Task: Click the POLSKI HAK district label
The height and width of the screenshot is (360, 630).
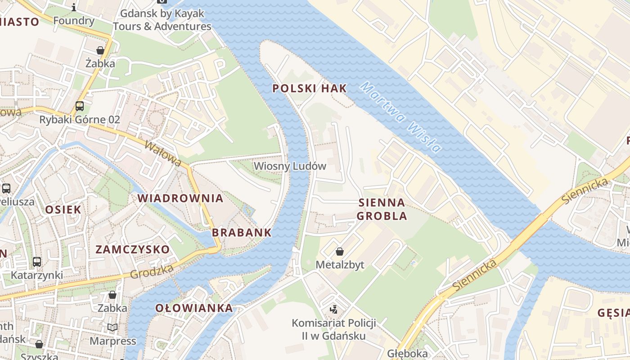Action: point(310,89)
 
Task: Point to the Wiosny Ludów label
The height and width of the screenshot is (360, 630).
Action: point(290,166)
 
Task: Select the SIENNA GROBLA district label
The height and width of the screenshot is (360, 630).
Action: point(382,209)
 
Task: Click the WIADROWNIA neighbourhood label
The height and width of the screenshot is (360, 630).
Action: point(180,198)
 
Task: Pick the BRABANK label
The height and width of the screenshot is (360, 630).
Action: point(242,233)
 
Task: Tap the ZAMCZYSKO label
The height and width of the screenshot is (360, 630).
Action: point(133,250)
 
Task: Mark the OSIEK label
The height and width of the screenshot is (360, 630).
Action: point(63,210)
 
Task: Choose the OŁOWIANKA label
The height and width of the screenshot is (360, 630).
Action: point(194,308)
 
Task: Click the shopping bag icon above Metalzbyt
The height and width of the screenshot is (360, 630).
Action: point(340,252)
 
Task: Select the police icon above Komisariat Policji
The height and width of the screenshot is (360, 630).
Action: point(333,310)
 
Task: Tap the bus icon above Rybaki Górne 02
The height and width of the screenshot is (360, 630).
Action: point(80,106)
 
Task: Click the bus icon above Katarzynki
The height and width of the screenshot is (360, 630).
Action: point(37,261)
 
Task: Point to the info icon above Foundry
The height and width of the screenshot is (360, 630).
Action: point(74,7)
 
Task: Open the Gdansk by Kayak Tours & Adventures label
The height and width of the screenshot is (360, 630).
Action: point(162,20)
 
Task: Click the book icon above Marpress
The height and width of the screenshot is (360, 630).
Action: point(112,327)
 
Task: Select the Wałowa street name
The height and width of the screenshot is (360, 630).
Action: point(163,153)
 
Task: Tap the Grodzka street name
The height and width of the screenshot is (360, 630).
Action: point(152,271)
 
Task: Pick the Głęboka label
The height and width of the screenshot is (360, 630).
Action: point(407,353)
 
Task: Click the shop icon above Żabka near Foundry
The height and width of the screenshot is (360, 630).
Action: point(100,50)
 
